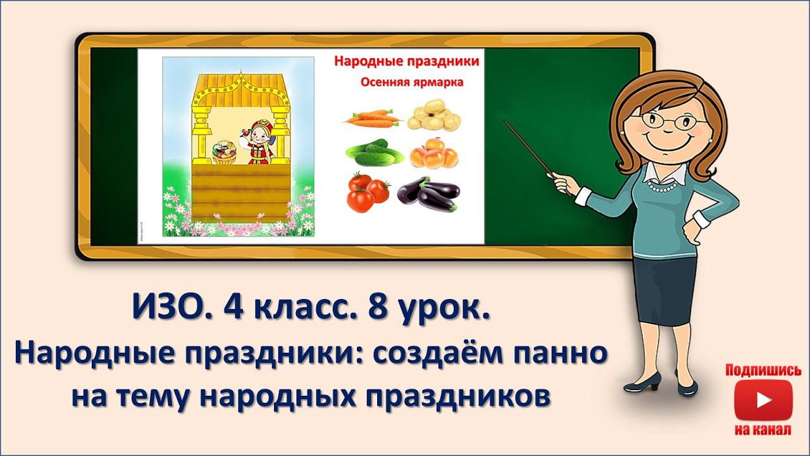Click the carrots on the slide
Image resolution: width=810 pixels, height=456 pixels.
pyautogui.click(x=371, y=118)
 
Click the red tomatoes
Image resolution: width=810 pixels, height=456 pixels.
pyautogui.click(x=368, y=192)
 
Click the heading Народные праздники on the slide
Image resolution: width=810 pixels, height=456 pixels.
pyautogui.click(x=406, y=62)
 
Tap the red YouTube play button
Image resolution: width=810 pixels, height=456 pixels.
pyautogui.click(x=763, y=400)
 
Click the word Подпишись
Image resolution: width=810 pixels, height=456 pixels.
pyautogui.click(x=763, y=370)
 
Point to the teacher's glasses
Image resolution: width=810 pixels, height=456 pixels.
pyautogui.click(x=670, y=120)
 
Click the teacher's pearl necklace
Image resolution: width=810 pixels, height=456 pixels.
pyautogui.click(x=661, y=187)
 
